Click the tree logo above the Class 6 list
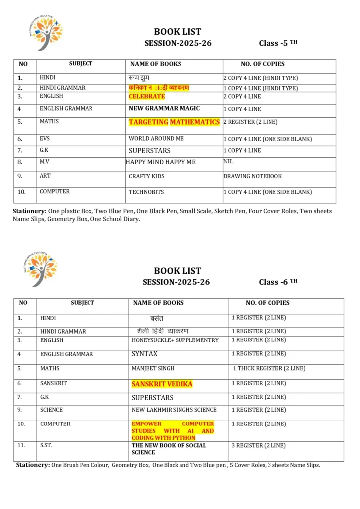pyautogui.click(x=41, y=269)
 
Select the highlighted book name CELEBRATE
pyautogui.click(x=147, y=96)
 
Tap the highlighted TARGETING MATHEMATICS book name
pyautogui.click(x=174, y=122)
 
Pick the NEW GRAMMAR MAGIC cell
pyautogui.click(x=164, y=108)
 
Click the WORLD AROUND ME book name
pyautogui.click(x=156, y=139)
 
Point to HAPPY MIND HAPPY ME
pyautogui.click(x=161, y=162)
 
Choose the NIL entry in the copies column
pyautogui.click(x=228, y=161)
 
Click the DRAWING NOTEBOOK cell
pyautogui.click(x=253, y=176)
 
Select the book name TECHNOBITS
pyautogui.click(x=146, y=192)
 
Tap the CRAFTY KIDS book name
pyautogui.click(x=146, y=176)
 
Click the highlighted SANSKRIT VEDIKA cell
pyautogui.click(x=162, y=384)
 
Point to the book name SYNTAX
pyautogui.click(x=144, y=354)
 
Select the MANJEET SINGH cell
pyautogui.click(x=153, y=369)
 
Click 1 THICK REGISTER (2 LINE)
pyautogui.click(x=269, y=369)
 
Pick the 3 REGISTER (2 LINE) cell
pyautogui.click(x=259, y=446)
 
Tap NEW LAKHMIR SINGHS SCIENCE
pyautogui.click(x=174, y=410)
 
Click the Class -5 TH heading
pyautogui.click(x=278, y=43)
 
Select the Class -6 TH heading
pyautogui.click(x=278, y=282)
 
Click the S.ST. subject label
pyautogui.click(x=46, y=445)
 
